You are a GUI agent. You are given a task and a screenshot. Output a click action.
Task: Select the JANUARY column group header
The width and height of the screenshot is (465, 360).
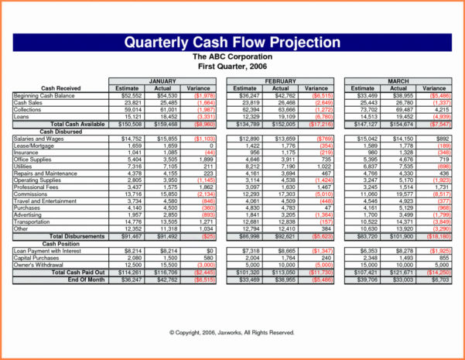click(162, 81)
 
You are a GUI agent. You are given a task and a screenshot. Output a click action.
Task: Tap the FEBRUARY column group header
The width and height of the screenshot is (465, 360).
click(280, 81)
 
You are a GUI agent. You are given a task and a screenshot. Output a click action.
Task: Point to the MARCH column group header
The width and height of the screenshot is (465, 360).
click(398, 81)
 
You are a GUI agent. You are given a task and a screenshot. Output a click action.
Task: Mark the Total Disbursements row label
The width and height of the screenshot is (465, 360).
click(77, 236)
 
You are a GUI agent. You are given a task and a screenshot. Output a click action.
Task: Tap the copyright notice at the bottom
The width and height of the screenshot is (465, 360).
click(232, 332)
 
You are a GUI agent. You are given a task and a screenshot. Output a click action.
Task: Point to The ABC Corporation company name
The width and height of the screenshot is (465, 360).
click(232, 57)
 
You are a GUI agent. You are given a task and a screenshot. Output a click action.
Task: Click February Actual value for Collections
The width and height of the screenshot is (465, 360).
click(285, 109)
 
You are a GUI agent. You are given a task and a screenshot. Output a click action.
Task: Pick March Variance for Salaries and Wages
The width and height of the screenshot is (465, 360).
click(439, 138)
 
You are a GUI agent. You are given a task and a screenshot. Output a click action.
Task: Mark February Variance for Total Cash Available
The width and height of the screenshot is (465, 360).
click(319, 124)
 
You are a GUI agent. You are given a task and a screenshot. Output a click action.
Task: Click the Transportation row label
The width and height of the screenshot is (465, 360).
click(32, 222)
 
